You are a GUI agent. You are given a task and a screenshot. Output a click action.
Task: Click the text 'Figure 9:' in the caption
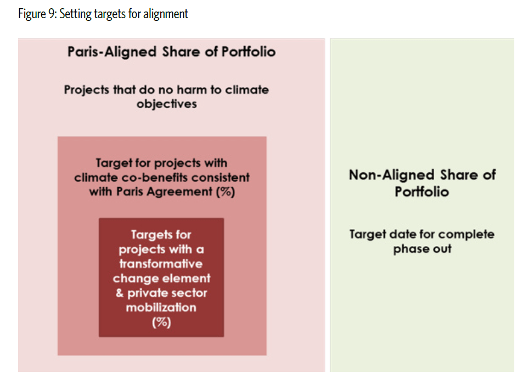pyautogui.click(x=37, y=14)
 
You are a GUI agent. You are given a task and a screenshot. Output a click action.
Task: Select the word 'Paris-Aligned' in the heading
pyautogui.click(x=112, y=52)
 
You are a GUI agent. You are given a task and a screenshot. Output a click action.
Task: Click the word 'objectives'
pyautogui.click(x=167, y=104)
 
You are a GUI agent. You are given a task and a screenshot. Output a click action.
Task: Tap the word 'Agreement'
pyautogui.click(x=179, y=192)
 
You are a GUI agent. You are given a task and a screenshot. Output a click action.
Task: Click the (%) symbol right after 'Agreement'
pyautogui.click(x=226, y=192)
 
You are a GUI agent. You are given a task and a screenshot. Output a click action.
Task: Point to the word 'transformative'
pyautogui.click(x=161, y=263)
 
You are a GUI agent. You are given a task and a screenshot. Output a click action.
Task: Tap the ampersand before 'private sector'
pyautogui.click(x=120, y=293)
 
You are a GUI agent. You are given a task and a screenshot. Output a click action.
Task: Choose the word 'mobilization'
pyautogui.click(x=161, y=307)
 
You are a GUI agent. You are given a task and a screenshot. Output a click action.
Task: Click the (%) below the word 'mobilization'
pyautogui.click(x=161, y=322)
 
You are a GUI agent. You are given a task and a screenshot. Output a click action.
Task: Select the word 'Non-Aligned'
pyautogui.click(x=392, y=175)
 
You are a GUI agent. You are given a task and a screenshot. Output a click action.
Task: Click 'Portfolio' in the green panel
pyautogui.click(x=422, y=192)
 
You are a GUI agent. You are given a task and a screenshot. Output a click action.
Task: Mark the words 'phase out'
pyautogui.click(x=422, y=249)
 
